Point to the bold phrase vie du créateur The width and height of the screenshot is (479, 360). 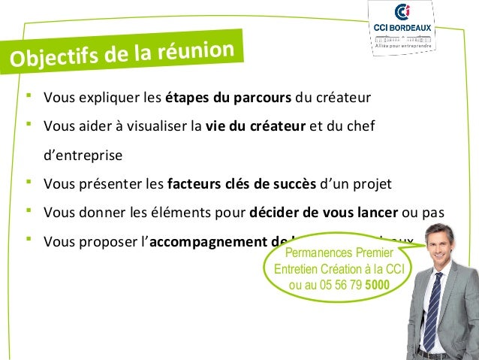coord(255,126)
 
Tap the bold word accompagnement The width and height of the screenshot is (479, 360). coord(199,241)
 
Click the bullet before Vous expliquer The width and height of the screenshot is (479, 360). coord(28,97)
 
